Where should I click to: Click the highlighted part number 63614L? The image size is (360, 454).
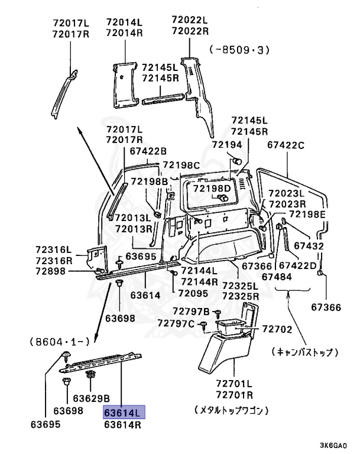[124, 412]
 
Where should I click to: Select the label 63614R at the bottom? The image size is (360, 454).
[124, 423]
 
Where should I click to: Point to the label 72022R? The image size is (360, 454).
[190, 31]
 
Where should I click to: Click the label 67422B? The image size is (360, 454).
[149, 151]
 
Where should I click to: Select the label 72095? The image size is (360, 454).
[193, 293]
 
